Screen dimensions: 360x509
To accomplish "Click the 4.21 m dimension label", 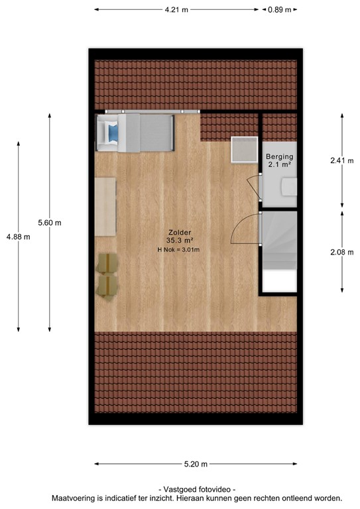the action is [176, 10].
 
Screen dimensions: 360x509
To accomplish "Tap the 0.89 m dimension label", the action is [279, 10].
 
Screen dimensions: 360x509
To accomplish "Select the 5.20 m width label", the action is [196, 464].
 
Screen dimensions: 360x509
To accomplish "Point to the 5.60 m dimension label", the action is [50, 223].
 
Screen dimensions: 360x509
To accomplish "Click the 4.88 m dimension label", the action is [18, 237].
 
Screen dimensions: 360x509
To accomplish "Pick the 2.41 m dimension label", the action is [342, 160].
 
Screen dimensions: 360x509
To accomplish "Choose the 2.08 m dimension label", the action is [342, 253].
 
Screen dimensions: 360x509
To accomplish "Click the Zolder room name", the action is [180, 233].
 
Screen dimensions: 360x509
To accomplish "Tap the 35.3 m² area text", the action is [180, 241].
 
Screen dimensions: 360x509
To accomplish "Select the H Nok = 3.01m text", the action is [178, 250].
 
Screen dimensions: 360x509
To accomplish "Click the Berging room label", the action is [280, 156].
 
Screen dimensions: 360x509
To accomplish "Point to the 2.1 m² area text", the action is [279, 164].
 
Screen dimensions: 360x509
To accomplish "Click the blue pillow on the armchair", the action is [113, 133].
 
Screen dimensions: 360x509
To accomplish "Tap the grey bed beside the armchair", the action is [146, 133].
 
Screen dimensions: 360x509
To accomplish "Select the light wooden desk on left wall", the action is [105, 207].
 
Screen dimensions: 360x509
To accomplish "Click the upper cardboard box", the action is [107, 263].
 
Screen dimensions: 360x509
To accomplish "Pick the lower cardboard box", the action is [107, 286].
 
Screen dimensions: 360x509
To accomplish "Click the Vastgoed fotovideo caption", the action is [197, 489].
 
